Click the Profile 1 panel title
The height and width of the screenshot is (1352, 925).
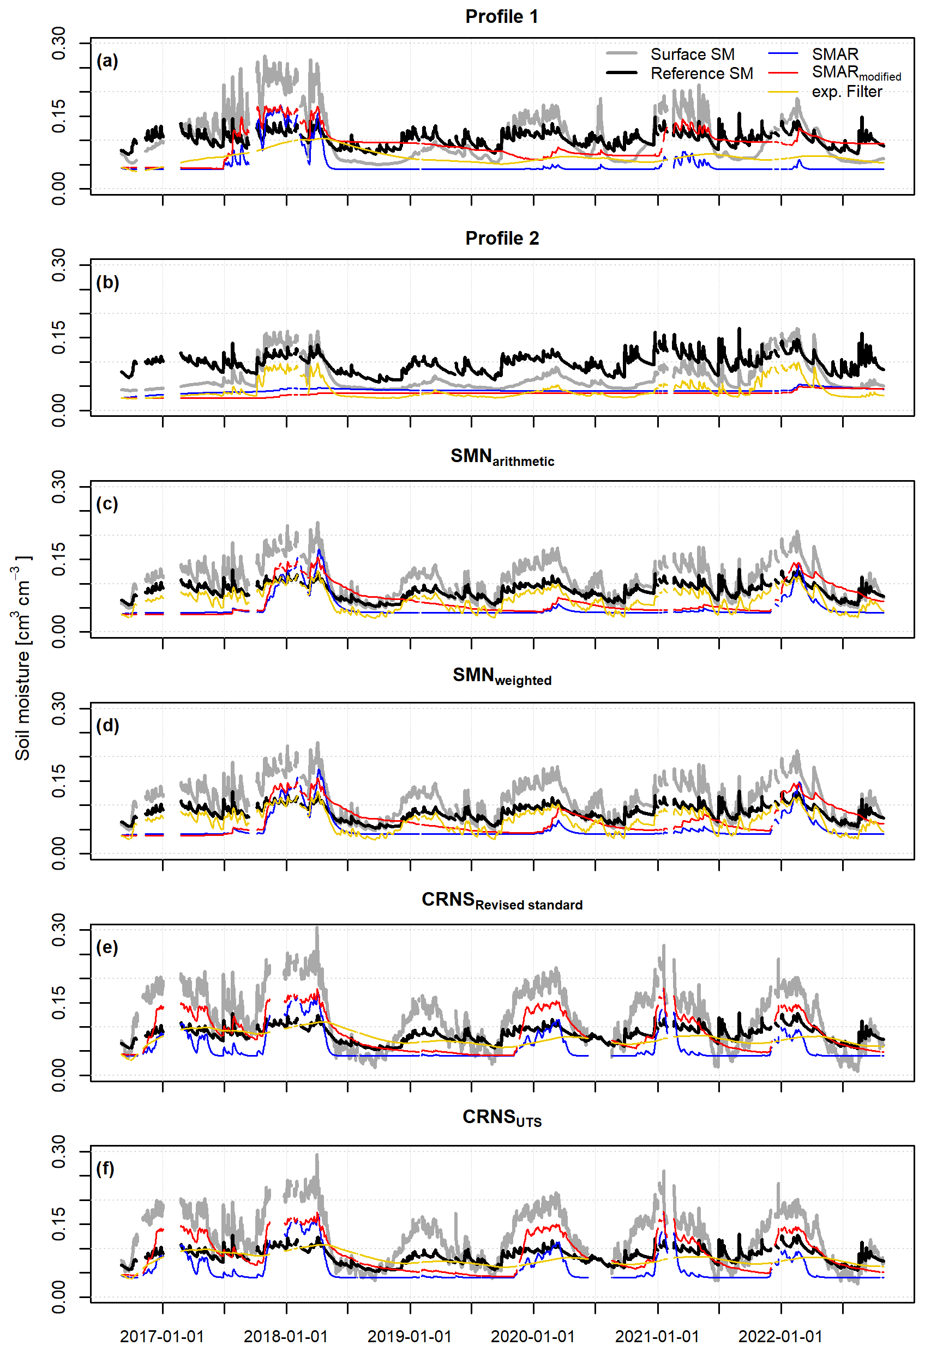pos(501,17)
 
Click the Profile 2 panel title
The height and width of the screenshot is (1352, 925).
pos(502,239)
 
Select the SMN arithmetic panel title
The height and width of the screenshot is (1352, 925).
pos(502,457)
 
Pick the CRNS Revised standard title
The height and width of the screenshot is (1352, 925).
pos(502,901)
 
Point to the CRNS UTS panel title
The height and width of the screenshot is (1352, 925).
pos(502,1118)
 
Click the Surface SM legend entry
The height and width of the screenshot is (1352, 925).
pos(692,54)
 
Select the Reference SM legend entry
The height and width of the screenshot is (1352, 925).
pos(701,74)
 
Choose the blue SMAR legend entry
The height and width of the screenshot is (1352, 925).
pos(835,54)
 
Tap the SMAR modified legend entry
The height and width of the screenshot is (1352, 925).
pos(856,74)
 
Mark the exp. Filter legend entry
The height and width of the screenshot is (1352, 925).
pos(846,92)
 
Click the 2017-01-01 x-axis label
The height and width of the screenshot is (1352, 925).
pos(162,1337)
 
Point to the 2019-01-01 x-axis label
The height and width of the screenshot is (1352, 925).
pos(409,1337)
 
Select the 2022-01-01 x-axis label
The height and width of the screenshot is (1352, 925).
pos(780,1337)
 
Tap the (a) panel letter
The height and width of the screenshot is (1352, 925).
pos(107,61)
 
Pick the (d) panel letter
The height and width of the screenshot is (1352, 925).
pos(107,726)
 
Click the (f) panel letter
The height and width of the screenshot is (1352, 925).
pos(105,1169)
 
